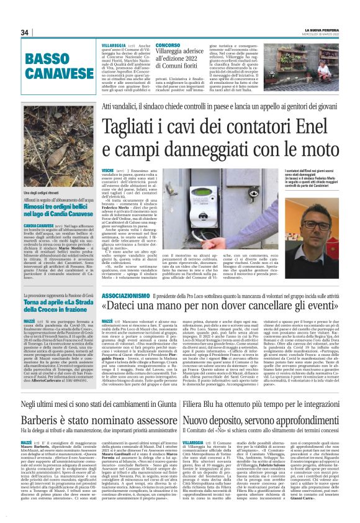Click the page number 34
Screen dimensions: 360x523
point(25,32)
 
